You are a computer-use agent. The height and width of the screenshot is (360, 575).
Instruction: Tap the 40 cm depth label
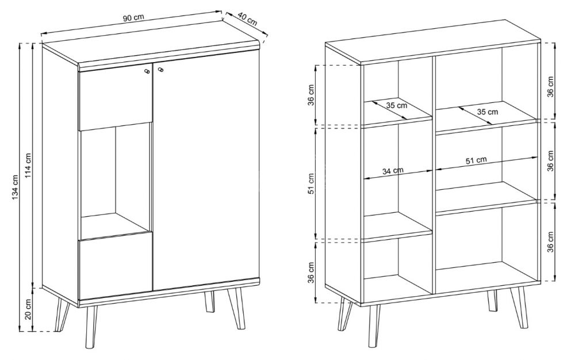tap(247, 18)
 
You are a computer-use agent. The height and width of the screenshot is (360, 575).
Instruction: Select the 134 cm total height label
tap(15, 186)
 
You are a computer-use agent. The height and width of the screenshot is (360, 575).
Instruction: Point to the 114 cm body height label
tap(28, 165)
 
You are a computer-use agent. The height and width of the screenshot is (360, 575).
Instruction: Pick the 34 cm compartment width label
tap(393, 171)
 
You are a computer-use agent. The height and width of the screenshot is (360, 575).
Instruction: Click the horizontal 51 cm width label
tap(476, 160)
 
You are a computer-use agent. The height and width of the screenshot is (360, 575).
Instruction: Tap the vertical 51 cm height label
tap(311, 183)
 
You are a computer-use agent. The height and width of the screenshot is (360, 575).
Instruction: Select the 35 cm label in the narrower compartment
tap(397, 106)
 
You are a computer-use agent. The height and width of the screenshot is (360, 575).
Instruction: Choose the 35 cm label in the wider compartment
tap(488, 112)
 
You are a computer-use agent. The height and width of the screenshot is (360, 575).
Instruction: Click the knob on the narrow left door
tap(147, 71)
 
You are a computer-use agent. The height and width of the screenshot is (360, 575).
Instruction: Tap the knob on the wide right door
tap(160, 70)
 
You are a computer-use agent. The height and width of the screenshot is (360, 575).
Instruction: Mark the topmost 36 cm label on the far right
tap(550, 86)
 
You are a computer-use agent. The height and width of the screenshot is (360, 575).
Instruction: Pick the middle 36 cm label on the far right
tap(550, 160)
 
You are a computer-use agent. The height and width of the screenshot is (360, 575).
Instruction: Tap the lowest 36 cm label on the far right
tap(550, 242)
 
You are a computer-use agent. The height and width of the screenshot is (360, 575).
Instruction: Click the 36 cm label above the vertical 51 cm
tap(311, 95)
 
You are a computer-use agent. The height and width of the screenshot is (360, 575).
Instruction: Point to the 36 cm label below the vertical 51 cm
tap(311, 273)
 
